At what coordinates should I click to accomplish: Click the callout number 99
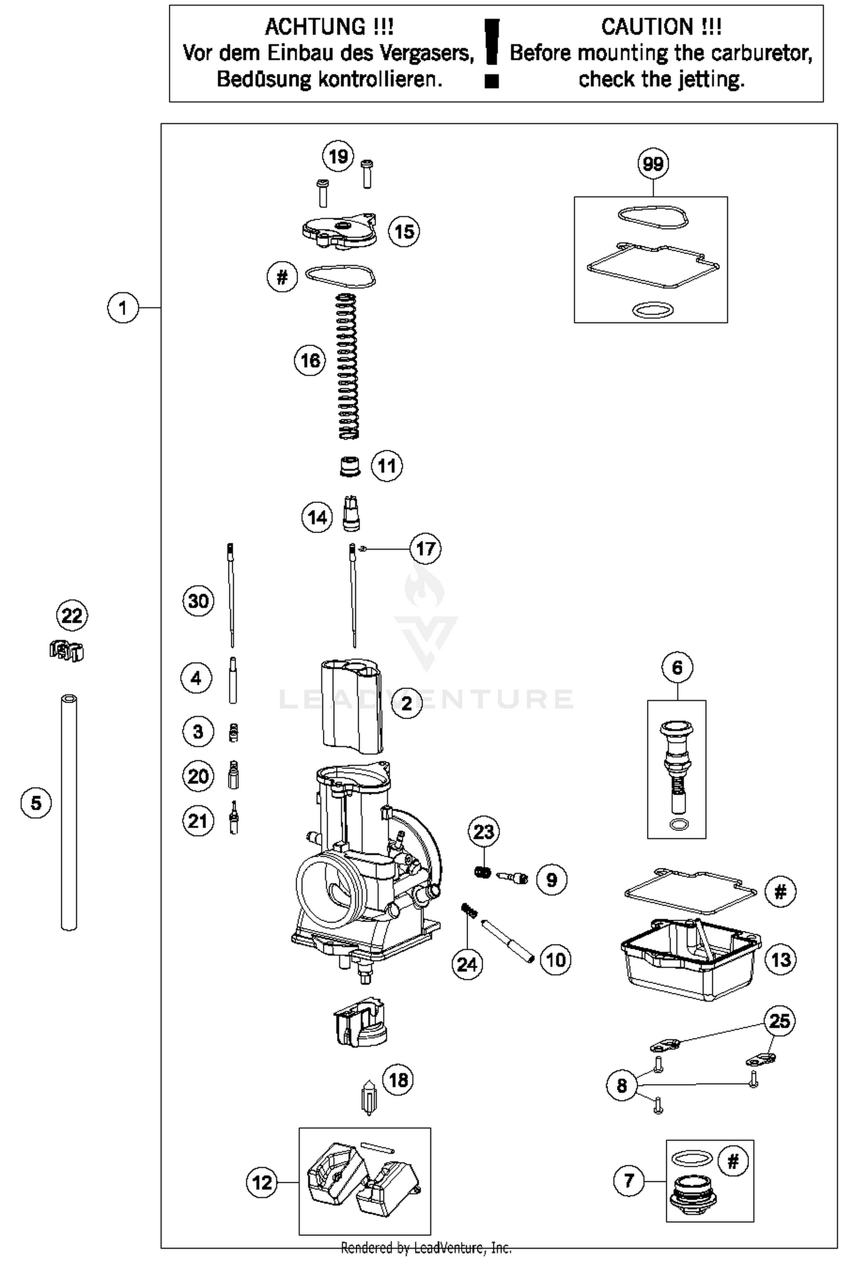652,164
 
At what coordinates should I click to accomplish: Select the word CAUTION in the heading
647,27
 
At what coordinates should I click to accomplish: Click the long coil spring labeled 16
349,367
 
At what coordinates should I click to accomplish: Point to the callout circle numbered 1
123,308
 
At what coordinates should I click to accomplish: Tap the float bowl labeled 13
690,961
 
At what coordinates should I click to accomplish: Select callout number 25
779,1021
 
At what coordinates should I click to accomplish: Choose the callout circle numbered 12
262,1183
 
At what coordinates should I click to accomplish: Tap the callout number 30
198,601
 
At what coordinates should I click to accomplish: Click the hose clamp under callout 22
67,650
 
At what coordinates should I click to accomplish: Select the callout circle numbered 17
425,548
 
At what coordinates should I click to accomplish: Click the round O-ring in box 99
653,311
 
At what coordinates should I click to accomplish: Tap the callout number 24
467,964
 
